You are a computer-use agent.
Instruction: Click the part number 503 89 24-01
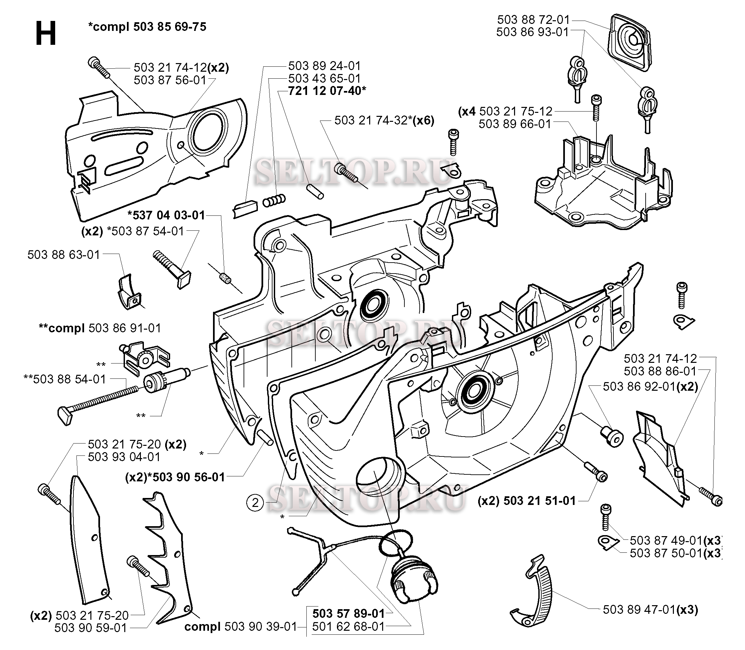pyautogui.click(x=324, y=66)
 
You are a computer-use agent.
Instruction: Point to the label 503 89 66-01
pyautogui.click(x=515, y=124)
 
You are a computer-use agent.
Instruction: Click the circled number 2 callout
pyautogui.click(x=255, y=503)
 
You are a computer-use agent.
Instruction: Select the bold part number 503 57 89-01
pyautogui.click(x=348, y=613)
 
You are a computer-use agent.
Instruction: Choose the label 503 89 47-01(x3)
pyautogui.click(x=650, y=609)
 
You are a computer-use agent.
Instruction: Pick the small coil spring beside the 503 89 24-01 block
pyautogui.click(x=274, y=201)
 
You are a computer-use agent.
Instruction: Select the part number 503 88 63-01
pyautogui.click(x=64, y=255)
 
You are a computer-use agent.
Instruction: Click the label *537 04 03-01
pyautogui.click(x=166, y=215)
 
